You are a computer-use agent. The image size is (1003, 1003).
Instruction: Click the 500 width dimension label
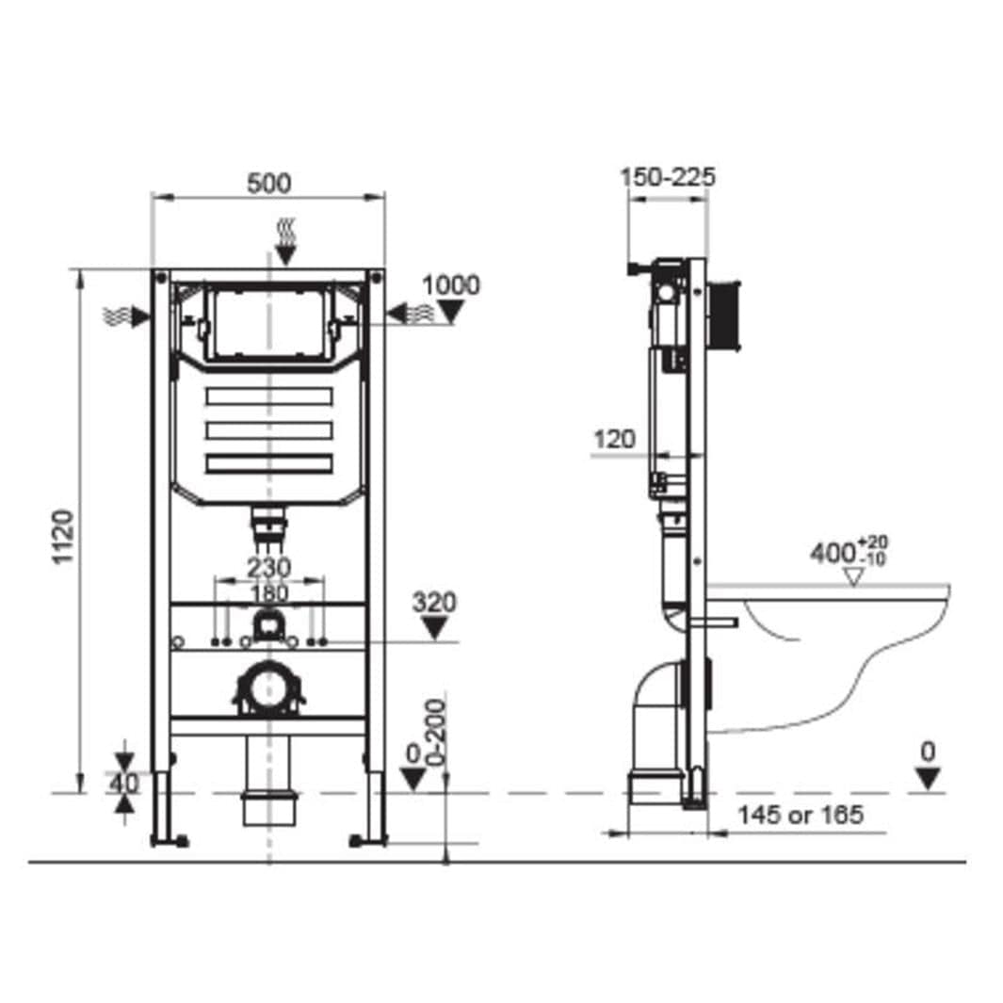pyautogui.click(x=268, y=183)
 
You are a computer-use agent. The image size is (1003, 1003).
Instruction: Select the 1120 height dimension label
pyautogui.click(x=63, y=537)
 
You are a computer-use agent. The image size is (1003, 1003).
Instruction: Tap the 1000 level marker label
pyautogui.click(x=451, y=285)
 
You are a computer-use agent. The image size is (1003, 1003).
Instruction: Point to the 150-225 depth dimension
pyautogui.click(x=668, y=177)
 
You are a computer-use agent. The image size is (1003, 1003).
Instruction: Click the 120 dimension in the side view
pyautogui.click(x=615, y=440)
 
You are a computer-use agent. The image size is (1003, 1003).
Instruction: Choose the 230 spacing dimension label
pyautogui.click(x=269, y=567)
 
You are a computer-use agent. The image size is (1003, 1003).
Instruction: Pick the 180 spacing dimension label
pyautogui.click(x=269, y=593)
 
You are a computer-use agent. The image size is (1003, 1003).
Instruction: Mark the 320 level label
pyautogui.click(x=434, y=602)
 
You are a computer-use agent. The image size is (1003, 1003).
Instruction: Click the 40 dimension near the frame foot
pyautogui.click(x=124, y=783)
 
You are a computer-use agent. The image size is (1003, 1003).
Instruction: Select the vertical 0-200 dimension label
pyautogui.click(x=436, y=733)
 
